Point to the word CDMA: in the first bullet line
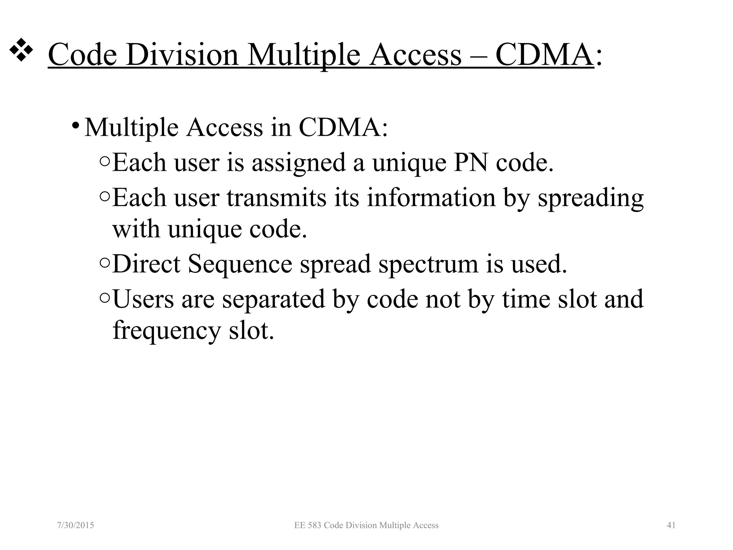pos(343,127)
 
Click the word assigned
pos(298,163)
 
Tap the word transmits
pos(276,198)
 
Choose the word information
pos(431,198)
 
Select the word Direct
pos(146,264)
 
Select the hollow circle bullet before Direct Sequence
pos(105,264)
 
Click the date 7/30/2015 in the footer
pos(76,525)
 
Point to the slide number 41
pos(671,525)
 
